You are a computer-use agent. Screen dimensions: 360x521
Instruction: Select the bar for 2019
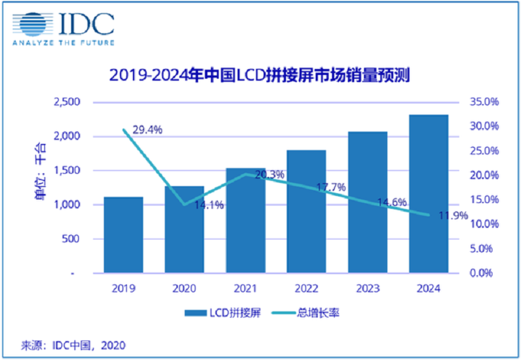click(x=124, y=234)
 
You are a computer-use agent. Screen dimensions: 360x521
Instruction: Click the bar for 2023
click(x=367, y=202)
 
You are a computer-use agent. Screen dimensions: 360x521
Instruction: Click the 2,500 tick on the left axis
click(x=65, y=102)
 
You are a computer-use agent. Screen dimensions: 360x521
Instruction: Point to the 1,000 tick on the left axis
click(x=65, y=205)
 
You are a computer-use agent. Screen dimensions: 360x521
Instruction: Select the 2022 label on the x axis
click(x=306, y=288)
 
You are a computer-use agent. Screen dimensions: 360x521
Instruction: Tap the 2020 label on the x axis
click(x=184, y=288)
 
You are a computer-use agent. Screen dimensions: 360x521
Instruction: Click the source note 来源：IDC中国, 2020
click(x=64, y=344)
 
